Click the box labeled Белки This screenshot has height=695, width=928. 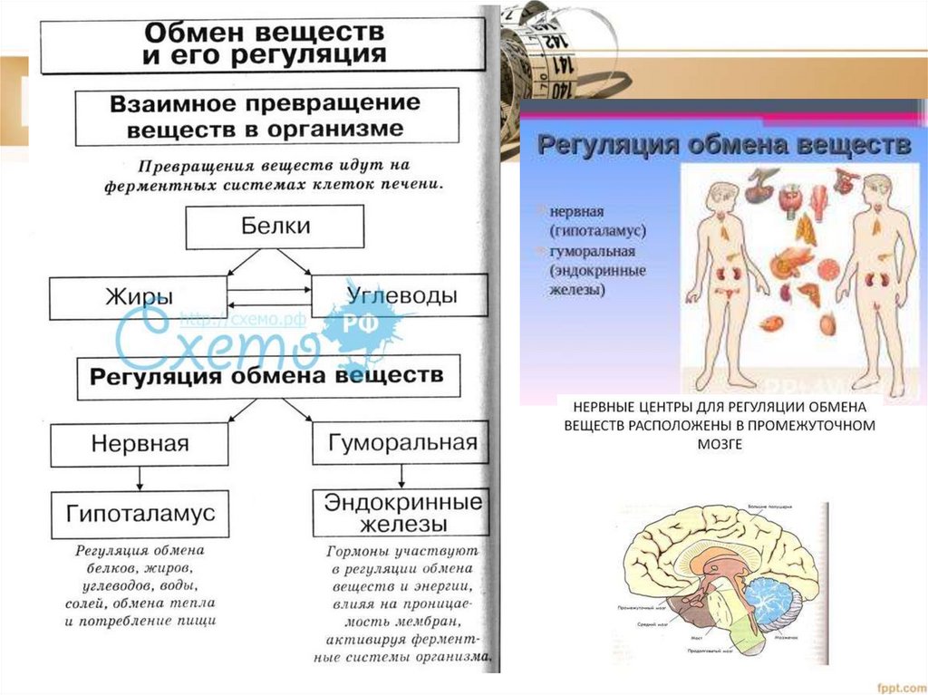click(275, 227)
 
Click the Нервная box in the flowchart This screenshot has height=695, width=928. click(139, 444)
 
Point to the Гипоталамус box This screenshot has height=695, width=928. click(140, 513)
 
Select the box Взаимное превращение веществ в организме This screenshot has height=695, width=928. click(265, 116)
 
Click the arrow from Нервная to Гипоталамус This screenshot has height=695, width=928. click(139, 478)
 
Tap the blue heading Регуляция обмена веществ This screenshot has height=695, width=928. click(724, 145)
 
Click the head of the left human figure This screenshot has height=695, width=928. click(722, 196)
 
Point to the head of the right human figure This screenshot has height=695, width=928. click(876, 189)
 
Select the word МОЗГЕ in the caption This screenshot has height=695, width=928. click(720, 444)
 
